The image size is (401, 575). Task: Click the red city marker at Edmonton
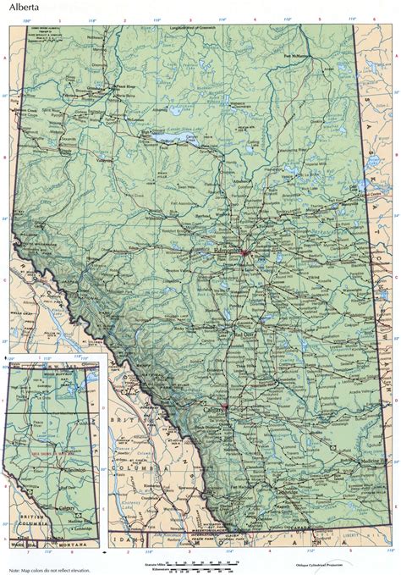(x=244, y=252)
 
